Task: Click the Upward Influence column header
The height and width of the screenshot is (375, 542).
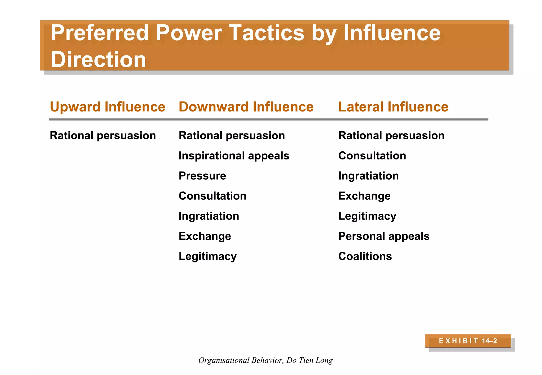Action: click(x=107, y=107)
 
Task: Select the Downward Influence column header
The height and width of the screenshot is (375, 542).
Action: click(x=246, y=107)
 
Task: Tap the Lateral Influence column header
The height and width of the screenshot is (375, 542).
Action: click(x=393, y=107)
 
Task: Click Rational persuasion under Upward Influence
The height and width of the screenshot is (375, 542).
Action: click(x=103, y=136)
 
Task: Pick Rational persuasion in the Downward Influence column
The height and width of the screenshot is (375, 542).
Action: click(x=232, y=136)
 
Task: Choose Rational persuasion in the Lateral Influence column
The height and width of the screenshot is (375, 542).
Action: click(x=391, y=136)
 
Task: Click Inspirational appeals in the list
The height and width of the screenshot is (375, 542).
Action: click(x=234, y=156)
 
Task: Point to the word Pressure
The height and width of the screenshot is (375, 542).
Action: click(x=202, y=176)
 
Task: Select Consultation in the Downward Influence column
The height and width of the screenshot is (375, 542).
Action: click(x=212, y=196)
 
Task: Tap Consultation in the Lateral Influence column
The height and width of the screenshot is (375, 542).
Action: click(x=372, y=156)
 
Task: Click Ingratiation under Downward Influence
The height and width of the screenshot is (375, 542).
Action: click(x=209, y=216)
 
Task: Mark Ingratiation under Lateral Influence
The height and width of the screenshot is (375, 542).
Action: click(x=368, y=176)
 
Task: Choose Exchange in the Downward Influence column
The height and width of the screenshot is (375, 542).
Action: click(x=205, y=236)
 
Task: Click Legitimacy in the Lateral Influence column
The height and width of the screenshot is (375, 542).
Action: click(x=367, y=216)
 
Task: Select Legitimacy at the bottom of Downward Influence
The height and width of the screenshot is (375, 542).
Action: click(x=207, y=256)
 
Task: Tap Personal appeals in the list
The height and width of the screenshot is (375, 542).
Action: click(x=384, y=236)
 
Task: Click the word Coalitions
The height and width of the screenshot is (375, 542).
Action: click(x=365, y=256)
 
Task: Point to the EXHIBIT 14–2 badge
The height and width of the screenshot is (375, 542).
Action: click(x=468, y=341)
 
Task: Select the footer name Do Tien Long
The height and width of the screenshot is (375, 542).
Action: click(x=309, y=360)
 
